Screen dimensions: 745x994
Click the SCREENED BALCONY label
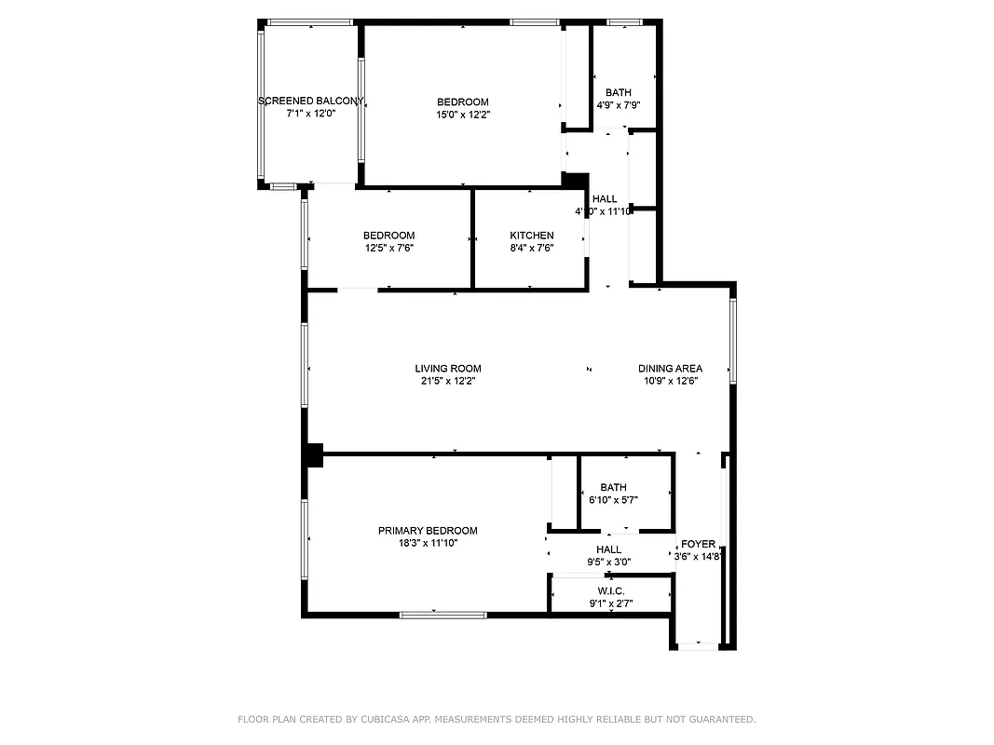tap(310, 101)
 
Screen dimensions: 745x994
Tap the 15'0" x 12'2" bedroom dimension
tap(463, 115)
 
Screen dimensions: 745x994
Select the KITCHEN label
tap(531, 236)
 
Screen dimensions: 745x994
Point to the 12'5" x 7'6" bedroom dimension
tap(388, 249)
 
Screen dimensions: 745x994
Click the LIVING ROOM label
tap(448, 369)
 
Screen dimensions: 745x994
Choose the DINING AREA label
tap(670, 369)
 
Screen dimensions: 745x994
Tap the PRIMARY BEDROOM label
tap(428, 531)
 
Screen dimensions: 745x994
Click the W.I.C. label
tap(611, 591)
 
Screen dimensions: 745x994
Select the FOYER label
tap(698, 544)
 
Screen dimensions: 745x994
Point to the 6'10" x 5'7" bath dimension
tap(613, 500)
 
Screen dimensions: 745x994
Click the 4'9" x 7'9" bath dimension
tap(618, 105)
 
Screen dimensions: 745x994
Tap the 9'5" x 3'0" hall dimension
tap(608, 562)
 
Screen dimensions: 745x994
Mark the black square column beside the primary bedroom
tap(313, 454)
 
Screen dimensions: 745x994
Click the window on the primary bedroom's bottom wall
tap(443, 615)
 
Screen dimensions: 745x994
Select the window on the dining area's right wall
tap(733, 340)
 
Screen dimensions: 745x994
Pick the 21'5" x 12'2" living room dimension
tap(448, 381)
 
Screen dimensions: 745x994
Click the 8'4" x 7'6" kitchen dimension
tap(531, 249)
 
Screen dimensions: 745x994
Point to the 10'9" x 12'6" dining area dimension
tap(670, 381)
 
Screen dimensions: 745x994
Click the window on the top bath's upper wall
tap(625, 21)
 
